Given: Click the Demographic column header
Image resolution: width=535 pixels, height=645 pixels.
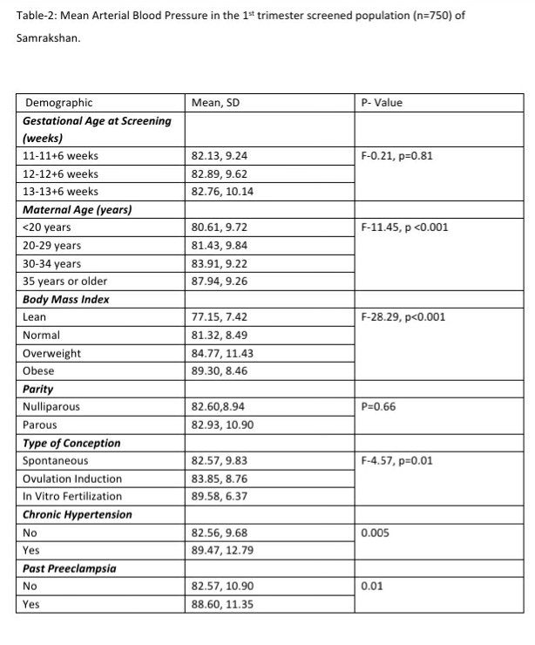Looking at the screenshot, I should (58, 103).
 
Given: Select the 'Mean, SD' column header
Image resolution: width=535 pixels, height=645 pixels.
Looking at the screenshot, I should (215, 103).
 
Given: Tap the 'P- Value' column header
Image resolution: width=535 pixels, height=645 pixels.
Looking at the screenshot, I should (382, 103).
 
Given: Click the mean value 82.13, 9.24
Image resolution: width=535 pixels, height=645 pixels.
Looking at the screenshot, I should (219, 156).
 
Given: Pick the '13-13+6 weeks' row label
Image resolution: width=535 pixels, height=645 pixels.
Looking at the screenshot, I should (60, 192).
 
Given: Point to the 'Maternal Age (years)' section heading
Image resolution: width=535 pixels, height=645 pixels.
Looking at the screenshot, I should (77, 210).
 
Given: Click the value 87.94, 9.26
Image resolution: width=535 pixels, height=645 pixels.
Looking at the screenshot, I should (219, 282).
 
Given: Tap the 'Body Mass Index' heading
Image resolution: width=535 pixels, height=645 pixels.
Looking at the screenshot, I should (65, 300).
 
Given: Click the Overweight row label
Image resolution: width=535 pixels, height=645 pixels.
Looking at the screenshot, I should (51, 353).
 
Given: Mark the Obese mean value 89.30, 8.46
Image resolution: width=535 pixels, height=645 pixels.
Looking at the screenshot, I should (219, 371).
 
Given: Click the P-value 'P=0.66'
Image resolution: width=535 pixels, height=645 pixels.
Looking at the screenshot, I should (376, 407).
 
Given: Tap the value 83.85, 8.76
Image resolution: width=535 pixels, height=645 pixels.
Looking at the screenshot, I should (219, 479).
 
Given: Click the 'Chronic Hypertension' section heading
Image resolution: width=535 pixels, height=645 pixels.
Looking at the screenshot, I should (78, 514).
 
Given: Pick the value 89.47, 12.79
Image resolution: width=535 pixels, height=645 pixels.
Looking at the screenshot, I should (221, 551).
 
